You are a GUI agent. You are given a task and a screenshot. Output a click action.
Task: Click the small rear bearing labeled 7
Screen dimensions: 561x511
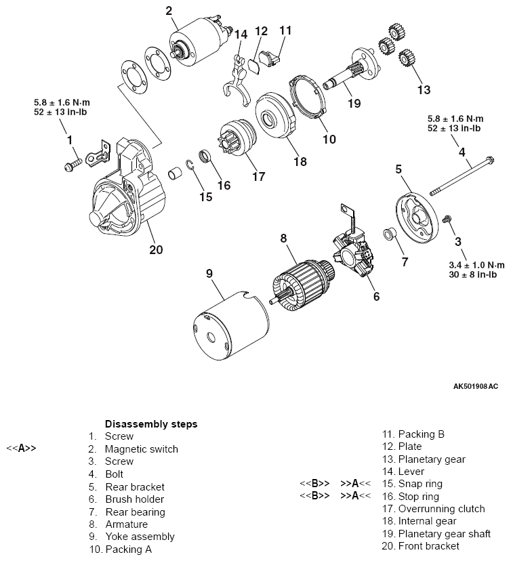click(x=390, y=235)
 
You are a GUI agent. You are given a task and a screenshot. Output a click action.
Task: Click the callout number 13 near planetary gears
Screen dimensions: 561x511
click(x=423, y=89)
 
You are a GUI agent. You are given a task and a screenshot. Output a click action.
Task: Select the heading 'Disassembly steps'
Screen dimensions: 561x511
click(x=150, y=423)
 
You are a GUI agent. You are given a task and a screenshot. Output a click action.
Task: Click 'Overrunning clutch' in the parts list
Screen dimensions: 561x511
click(x=441, y=509)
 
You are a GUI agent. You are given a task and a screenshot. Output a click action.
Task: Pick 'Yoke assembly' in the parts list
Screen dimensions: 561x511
click(x=139, y=537)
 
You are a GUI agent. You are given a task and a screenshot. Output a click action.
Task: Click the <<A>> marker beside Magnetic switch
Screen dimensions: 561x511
click(x=21, y=449)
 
